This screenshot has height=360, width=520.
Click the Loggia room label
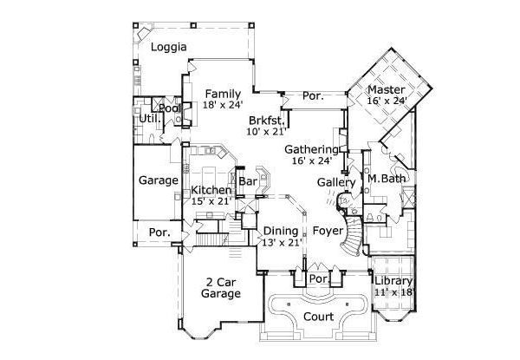170,48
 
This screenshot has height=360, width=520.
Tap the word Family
223,94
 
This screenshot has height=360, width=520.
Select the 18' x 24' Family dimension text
223,105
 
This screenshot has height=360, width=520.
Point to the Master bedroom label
386,90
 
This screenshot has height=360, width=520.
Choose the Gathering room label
312,149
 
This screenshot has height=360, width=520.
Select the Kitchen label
211,191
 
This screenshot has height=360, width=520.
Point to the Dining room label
282,231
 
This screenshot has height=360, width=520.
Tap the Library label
394,280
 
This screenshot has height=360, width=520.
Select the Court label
318,317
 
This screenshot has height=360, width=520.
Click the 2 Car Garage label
221,288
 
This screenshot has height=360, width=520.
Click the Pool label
170,108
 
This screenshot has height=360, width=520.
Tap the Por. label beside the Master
312,96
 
